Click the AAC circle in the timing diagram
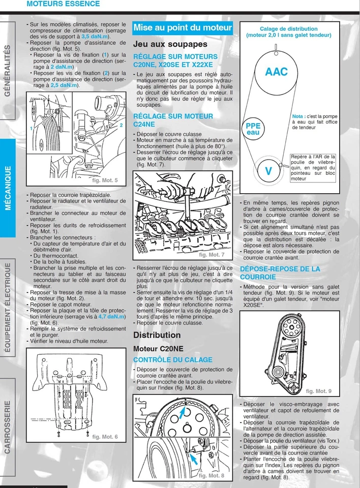coord(276,72)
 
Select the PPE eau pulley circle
coord(253,129)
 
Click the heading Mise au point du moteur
coord(182,27)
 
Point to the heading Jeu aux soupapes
coord(170,44)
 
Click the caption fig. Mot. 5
coord(105,180)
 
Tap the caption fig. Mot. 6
coord(105,437)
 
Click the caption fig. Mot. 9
coord(319,391)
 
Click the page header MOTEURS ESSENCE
coord(63,4)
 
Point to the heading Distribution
coord(157,335)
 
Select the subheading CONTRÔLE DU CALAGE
coord(172,360)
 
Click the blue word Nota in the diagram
coord(299,116)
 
